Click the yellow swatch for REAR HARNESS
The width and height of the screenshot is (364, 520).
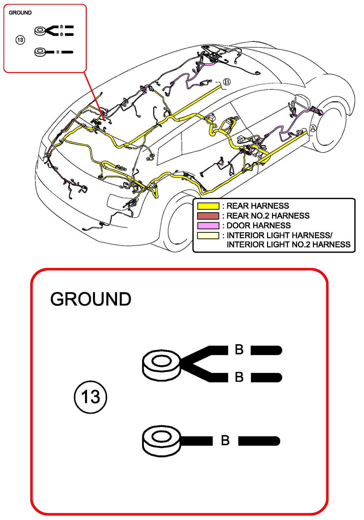coord(208,206)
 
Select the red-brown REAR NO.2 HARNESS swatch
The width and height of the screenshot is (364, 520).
coord(208,216)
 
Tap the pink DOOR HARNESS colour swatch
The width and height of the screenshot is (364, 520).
coord(208,225)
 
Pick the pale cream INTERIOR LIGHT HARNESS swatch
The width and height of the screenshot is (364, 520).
coord(208,235)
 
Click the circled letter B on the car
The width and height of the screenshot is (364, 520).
coord(227,82)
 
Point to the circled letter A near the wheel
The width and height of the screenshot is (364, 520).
coord(313,128)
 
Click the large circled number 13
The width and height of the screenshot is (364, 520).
coord(90,397)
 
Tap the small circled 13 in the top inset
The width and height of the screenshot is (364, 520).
coord(20,40)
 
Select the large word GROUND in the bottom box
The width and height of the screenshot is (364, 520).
coord(91,299)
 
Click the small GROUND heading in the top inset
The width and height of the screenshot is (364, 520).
coord(20,13)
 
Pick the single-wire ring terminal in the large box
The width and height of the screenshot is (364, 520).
coord(162,441)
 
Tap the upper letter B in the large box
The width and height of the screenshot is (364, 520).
coord(239,350)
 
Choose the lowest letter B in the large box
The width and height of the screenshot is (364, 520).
coord(225,440)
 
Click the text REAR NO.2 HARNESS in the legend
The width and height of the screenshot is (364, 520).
coord(268,216)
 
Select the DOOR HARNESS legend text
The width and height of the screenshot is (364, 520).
coord(258,225)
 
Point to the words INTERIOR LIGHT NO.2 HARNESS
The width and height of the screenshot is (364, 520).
coord(288,245)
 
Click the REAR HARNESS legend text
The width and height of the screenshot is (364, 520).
coord(258,206)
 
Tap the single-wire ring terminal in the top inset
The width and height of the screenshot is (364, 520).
coord(40,52)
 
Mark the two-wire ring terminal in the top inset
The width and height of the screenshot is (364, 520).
coord(40,31)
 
